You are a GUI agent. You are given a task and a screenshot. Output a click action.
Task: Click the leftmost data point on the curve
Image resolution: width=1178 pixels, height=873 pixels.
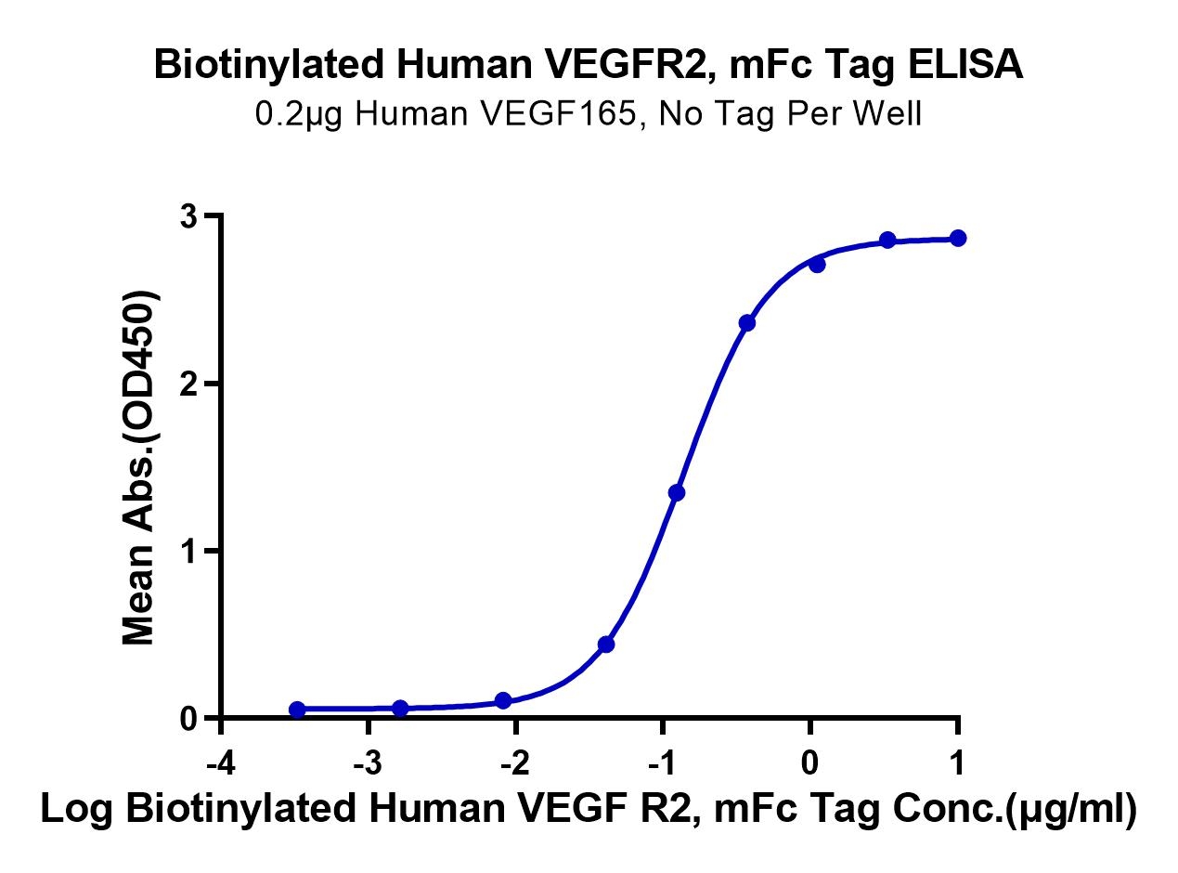297,710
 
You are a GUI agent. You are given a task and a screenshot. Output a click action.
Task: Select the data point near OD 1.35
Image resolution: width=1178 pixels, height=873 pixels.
677,492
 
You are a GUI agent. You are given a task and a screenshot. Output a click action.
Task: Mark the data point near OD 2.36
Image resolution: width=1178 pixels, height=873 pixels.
746,323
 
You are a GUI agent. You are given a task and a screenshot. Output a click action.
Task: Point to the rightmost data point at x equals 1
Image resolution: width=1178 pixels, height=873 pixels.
958,239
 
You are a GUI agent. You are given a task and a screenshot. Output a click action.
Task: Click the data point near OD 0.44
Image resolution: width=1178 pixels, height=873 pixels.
606,645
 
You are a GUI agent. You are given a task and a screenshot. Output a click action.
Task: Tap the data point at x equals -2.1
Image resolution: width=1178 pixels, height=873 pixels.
503,700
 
